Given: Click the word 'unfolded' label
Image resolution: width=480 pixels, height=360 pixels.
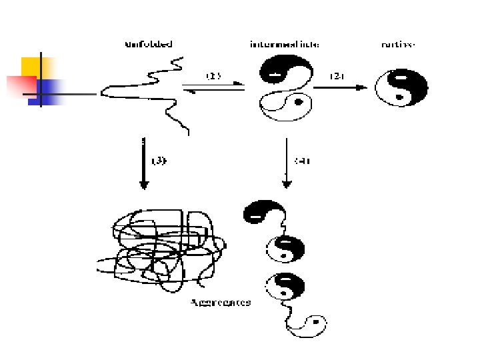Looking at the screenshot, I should (149, 45).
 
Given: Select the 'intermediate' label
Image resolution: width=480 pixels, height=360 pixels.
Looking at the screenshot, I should (284, 45).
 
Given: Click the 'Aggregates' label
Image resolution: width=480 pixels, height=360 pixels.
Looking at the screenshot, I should (221, 302).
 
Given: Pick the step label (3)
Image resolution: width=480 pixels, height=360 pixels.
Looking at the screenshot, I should (161, 161).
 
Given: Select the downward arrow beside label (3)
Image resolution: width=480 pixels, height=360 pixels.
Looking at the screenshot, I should (143, 163).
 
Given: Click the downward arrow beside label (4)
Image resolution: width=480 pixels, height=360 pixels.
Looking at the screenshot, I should (286, 163).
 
